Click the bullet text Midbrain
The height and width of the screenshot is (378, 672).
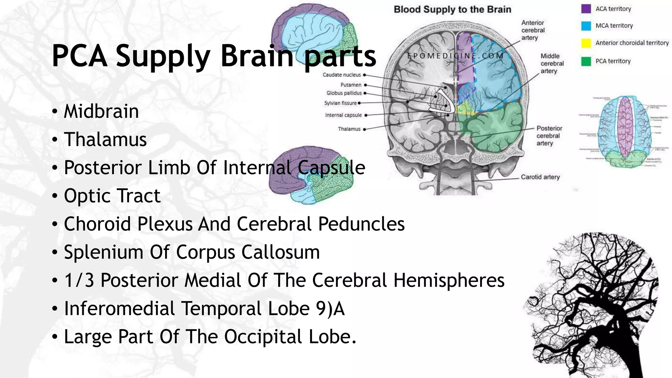101,111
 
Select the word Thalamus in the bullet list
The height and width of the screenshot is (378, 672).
105,139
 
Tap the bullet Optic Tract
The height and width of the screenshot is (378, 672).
112,196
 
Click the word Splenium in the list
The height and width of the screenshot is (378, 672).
103,252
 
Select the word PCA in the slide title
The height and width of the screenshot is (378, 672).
79,56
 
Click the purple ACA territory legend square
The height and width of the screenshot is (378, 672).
586,9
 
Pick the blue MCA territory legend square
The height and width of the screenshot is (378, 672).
586,26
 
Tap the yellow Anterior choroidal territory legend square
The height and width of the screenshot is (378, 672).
586,43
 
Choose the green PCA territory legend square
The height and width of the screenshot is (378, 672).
586,61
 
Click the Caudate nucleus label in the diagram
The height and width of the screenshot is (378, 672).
342,75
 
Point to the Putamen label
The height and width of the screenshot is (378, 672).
351,85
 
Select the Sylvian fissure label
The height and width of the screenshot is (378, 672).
340,103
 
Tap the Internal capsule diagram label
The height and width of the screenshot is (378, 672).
343,115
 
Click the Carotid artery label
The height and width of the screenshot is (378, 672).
540,177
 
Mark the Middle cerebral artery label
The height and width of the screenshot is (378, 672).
552,63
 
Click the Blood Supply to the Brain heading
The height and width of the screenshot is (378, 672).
452,10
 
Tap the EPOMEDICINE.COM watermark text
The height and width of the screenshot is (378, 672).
455,56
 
